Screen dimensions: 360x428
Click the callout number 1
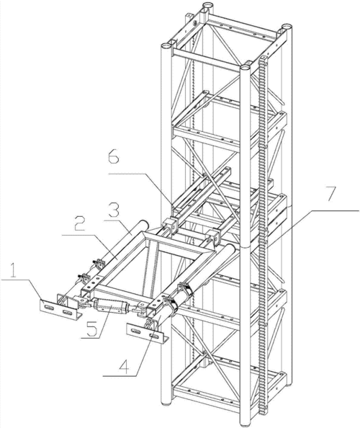14,270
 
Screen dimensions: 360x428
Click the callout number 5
91,329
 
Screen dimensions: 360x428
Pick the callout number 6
114,156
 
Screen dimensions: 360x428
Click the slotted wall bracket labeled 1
59,308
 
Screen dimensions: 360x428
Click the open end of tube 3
144,224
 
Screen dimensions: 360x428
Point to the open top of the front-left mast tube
166,45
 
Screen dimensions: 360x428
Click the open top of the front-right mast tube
246,66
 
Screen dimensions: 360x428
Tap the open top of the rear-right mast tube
287,27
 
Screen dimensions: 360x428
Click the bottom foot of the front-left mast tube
166,402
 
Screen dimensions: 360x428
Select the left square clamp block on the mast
170,226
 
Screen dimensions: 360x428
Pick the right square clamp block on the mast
215,236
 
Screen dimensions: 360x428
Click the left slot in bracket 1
49,308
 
